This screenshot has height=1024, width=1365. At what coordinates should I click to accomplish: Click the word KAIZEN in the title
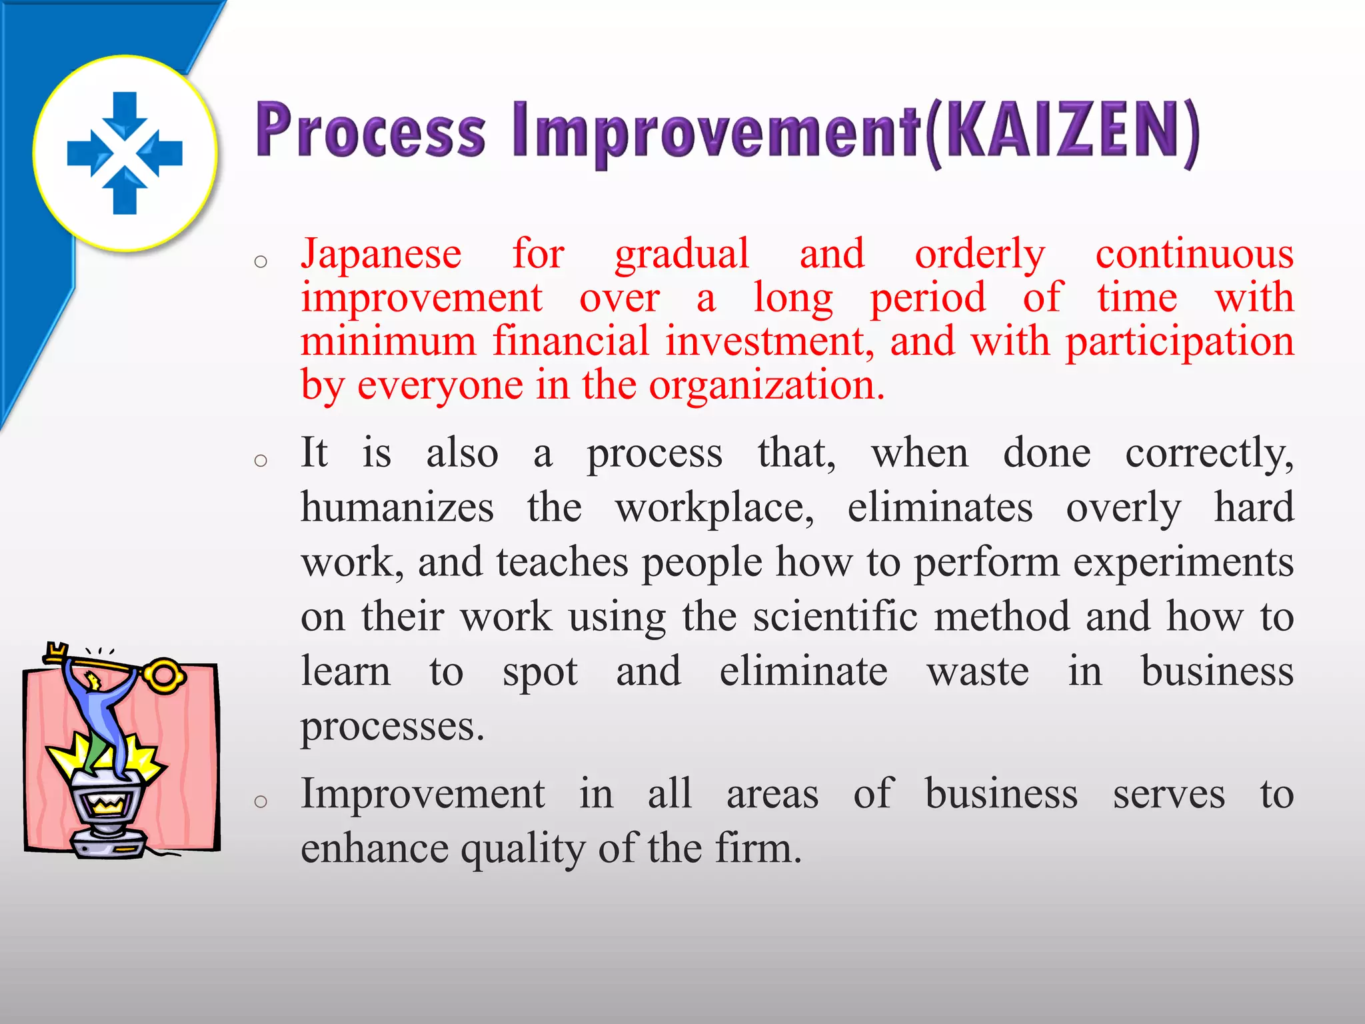pyautogui.click(x=1060, y=131)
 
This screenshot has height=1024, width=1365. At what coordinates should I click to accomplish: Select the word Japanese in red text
pyautogui.click(x=381, y=255)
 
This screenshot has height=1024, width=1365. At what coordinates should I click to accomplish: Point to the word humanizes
pyautogui.click(x=397, y=508)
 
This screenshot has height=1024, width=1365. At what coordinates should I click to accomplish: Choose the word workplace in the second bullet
pyautogui.click(x=713, y=509)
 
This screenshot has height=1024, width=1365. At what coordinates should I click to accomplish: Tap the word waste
pyautogui.click(x=978, y=671)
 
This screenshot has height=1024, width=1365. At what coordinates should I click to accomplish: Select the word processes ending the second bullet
pyautogui.click(x=391, y=726)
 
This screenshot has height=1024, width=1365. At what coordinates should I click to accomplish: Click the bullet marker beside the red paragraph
pyautogui.click(x=261, y=262)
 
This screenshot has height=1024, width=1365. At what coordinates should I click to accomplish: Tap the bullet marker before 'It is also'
pyautogui.click(x=261, y=461)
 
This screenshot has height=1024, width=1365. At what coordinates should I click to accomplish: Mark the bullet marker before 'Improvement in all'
pyautogui.click(x=261, y=801)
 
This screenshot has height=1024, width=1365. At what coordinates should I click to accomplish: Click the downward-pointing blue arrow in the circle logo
pyautogui.click(x=125, y=113)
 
